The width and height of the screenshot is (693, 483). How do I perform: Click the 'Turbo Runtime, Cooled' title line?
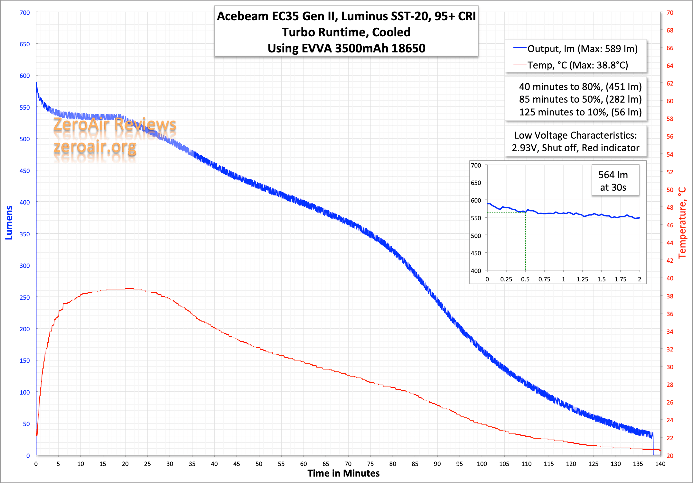346,32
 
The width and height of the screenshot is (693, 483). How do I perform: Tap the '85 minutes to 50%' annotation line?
580,99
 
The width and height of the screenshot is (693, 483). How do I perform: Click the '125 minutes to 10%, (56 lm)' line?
580,112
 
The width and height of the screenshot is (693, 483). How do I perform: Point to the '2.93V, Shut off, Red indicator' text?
576,148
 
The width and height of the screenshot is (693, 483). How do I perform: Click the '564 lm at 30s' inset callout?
613,181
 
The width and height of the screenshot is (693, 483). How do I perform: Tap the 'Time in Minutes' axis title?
343,473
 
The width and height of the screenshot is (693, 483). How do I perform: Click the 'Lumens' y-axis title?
9,223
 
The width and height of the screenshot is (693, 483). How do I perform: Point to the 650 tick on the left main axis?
25,44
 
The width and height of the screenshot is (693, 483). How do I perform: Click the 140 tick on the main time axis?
660,464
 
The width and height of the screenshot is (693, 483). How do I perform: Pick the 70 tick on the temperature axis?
670,13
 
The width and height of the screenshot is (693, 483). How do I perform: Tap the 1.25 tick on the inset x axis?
582,279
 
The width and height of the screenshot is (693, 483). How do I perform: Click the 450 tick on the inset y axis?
476,253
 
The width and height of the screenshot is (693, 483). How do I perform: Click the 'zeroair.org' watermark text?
95,147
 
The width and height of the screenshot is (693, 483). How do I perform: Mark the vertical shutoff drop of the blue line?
653,445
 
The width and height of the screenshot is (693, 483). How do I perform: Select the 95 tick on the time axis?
459,464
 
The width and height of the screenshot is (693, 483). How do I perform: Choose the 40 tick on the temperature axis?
670,278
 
